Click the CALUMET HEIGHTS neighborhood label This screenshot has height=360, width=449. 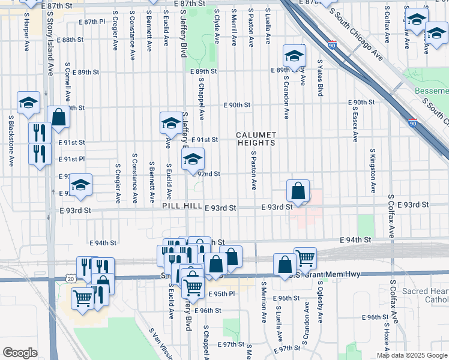click(256, 139)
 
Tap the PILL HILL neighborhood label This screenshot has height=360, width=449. click(181, 206)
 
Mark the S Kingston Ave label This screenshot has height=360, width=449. click(373, 170)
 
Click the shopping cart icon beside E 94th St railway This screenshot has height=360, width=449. click(306, 258)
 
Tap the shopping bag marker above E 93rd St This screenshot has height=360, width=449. click(298, 191)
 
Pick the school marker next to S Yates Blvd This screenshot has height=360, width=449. click(294, 56)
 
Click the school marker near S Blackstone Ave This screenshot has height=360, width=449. click(28, 103)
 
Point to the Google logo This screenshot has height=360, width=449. click(20, 353)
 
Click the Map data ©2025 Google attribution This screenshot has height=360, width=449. click(412, 355)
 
